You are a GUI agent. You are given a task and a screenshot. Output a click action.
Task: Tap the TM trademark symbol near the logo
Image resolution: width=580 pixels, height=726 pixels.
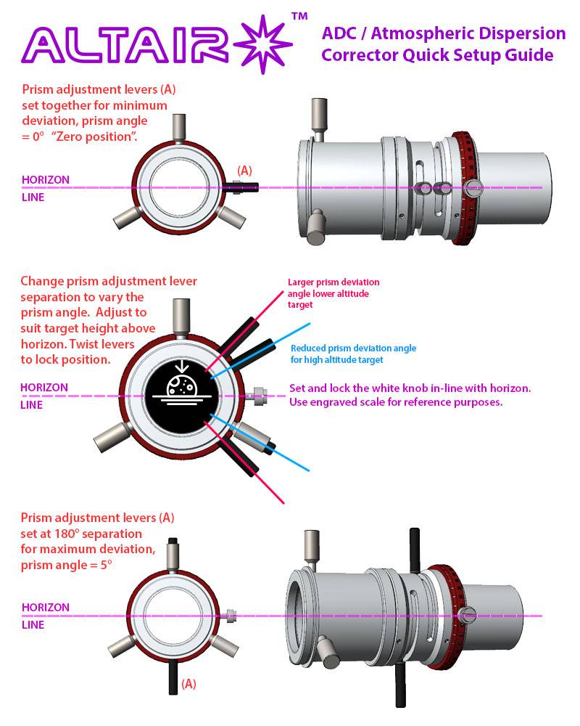[x=299, y=15]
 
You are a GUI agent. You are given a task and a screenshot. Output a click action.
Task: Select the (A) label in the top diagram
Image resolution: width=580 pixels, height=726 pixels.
[x=245, y=171]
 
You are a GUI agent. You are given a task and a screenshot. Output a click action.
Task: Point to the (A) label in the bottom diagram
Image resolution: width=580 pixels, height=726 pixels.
[x=188, y=683]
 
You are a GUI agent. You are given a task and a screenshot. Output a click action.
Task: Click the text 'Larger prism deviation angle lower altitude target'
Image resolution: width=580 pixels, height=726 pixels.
[x=333, y=293]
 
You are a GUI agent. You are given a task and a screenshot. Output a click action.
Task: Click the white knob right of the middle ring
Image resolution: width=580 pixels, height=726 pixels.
[x=257, y=396]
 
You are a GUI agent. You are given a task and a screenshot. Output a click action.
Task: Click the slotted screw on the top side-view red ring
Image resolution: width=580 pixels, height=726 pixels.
[x=474, y=188]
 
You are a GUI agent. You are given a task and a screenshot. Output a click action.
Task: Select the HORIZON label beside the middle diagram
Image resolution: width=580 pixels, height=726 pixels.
[x=45, y=388]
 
